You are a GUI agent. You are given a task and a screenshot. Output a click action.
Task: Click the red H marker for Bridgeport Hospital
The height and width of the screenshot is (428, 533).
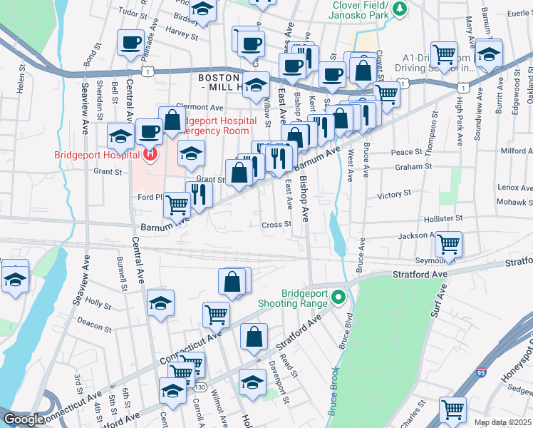coord(150,153)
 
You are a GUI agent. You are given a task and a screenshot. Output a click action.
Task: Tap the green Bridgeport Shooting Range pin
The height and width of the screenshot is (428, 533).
coord(339,298)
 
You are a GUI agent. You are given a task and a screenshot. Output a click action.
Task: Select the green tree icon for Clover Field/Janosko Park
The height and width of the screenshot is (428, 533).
coord(400,9)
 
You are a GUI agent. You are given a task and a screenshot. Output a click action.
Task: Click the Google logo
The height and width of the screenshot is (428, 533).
coord(24,419)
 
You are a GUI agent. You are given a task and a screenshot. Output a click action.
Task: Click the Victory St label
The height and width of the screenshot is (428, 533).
coord(395,193)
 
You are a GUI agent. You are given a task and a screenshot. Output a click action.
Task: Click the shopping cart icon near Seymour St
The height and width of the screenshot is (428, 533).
coord(449,244)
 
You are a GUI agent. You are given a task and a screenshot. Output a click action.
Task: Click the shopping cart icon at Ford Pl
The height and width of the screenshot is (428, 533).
coord(177,205)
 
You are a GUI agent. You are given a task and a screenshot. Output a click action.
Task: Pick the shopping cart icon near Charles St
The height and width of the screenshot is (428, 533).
coord(452,409)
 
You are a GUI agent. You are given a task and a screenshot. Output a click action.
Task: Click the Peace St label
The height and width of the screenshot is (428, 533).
coord(407,152)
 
